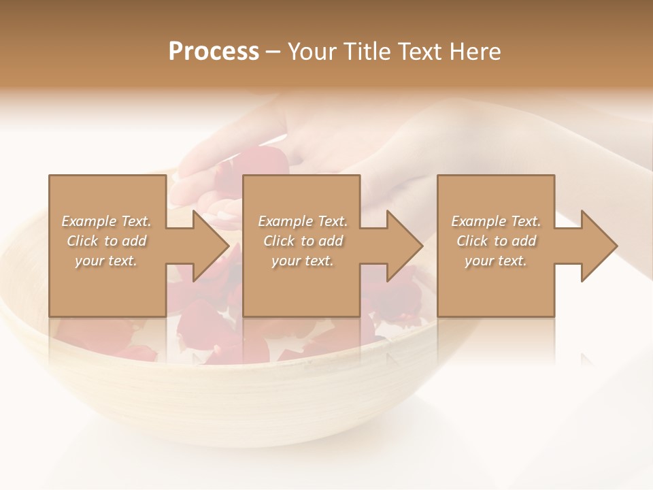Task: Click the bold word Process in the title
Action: tap(214, 52)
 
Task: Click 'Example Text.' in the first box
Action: tap(106, 221)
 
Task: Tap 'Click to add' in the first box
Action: tap(106, 241)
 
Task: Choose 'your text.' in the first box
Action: tap(106, 261)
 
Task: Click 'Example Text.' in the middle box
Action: tap(303, 221)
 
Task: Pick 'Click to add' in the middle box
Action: tap(303, 241)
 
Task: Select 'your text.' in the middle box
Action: tap(303, 261)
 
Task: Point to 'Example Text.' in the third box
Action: tap(496, 221)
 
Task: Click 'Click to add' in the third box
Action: tap(496, 241)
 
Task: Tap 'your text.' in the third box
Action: tap(496, 261)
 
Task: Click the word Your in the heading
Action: tap(310, 52)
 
